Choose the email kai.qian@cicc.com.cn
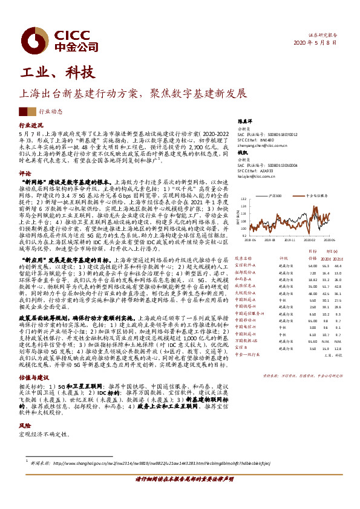(x=257, y=177)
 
